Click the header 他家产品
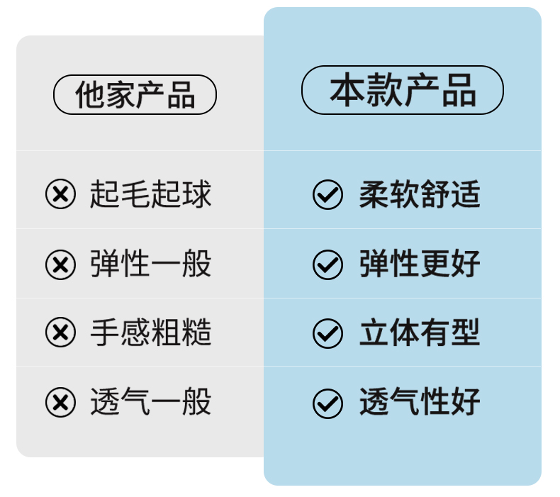point(135,95)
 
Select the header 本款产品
point(402,90)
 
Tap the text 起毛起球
point(150,194)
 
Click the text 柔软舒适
point(420,194)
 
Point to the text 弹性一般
point(150,264)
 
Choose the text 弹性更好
point(420,264)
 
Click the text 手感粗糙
point(150,332)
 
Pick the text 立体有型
point(420,333)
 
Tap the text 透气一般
point(150,402)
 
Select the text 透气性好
point(420,402)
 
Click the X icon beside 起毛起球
point(60,194)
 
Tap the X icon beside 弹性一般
point(60,264)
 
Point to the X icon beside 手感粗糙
point(60,333)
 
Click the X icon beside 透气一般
point(60,403)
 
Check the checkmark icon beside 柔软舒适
point(327,195)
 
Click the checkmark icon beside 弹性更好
point(327,264)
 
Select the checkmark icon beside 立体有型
point(327,333)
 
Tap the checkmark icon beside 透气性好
point(327,403)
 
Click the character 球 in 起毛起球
point(197,194)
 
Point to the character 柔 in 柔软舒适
point(374,194)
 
